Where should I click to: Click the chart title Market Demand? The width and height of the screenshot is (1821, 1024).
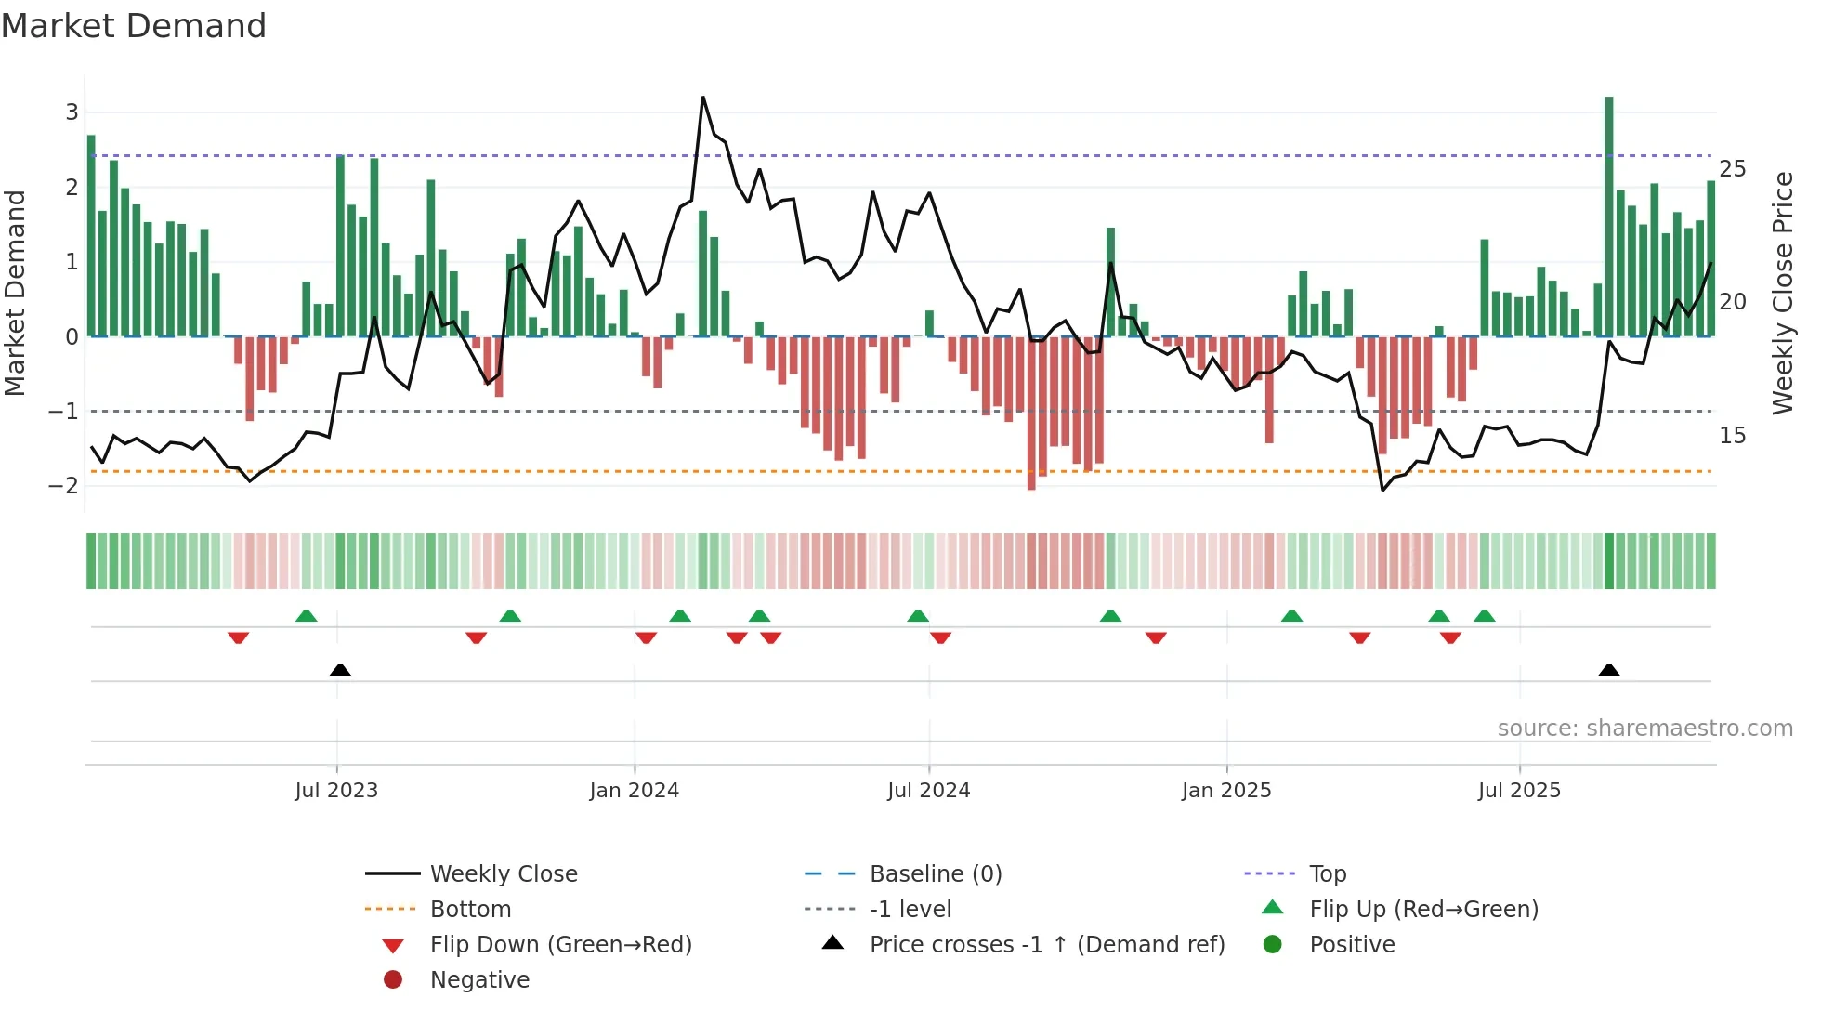(134, 26)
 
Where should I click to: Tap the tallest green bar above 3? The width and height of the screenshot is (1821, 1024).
(1609, 214)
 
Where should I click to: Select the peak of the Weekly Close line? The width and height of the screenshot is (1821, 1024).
(702, 98)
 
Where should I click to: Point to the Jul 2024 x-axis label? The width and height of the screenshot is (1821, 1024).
(928, 791)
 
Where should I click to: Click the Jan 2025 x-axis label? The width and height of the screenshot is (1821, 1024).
(1226, 791)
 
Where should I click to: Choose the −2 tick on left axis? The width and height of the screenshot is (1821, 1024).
(64, 485)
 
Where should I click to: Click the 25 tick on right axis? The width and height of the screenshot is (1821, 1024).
(1732, 169)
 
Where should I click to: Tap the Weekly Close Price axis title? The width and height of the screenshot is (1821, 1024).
(1782, 293)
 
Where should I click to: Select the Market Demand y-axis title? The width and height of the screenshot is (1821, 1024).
(16, 293)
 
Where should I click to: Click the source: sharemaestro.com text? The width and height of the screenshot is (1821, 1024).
(1644, 728)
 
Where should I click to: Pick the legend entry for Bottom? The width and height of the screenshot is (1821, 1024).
(470, 909)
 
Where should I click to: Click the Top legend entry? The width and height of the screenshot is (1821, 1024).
(1327, 873)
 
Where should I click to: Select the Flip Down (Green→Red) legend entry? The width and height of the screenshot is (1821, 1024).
(560, 944)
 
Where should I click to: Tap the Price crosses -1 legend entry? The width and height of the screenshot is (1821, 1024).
(1046, 944)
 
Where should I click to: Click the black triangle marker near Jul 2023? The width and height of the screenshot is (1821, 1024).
(340, 670)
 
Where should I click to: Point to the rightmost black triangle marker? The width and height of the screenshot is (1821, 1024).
(1609, 670)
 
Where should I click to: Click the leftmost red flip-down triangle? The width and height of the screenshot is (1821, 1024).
(238, 637)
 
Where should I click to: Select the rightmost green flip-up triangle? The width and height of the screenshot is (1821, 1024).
(1484, 616)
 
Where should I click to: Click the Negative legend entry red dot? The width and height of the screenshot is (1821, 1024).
(393, 979)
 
